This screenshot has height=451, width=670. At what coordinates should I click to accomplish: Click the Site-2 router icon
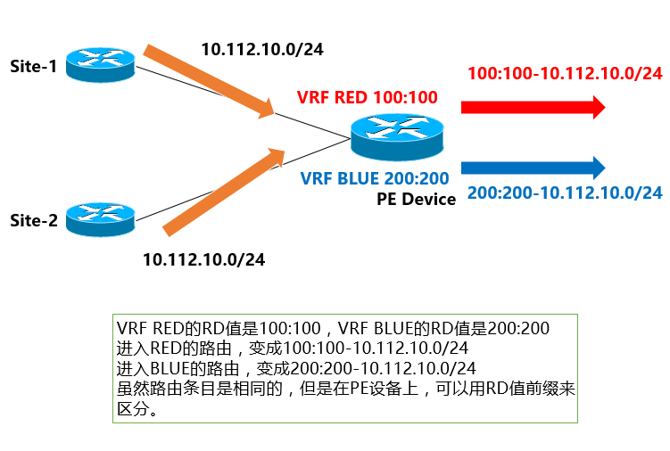100,217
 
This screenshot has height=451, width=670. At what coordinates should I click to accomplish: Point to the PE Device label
415,199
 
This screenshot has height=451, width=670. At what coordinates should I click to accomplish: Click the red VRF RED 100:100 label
368,97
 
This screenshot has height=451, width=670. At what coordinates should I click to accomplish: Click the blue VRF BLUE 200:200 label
362,178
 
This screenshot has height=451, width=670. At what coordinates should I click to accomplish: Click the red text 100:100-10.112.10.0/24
565,72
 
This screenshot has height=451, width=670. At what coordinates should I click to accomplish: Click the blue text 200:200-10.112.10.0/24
565,193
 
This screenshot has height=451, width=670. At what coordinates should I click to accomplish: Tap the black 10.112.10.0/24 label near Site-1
261,48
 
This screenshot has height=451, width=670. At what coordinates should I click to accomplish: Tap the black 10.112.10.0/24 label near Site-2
204,259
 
